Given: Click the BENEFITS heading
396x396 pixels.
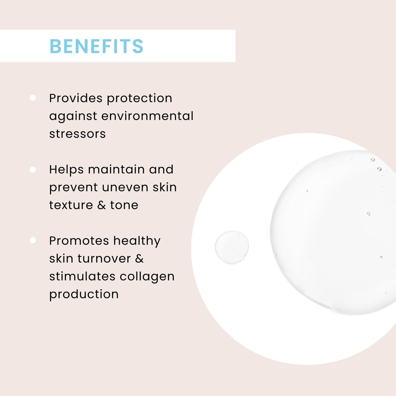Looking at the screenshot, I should pos(96,46).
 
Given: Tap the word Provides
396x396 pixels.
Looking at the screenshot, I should pos(76,98).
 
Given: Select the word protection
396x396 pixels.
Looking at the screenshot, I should pos(140,98).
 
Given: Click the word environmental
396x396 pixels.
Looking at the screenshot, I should pos(147,116).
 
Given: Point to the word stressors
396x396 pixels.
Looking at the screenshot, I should pos(77,134).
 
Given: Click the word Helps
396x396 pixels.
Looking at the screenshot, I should pos(66,170).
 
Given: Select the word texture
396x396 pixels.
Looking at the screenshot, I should pos(71,205).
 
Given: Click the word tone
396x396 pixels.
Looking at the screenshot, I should pos(124,205).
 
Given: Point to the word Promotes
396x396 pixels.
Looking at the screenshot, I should pos(79,241).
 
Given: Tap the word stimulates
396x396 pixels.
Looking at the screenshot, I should pos(82,276).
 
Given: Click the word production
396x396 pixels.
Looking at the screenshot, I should pos(84,295).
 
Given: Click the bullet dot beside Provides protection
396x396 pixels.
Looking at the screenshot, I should pos(33,98).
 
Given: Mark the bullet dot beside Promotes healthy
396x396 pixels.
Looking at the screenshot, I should pos(33,240).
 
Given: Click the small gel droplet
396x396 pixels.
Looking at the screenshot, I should pos(232,247).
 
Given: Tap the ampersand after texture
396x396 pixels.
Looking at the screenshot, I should pos(102,205).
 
